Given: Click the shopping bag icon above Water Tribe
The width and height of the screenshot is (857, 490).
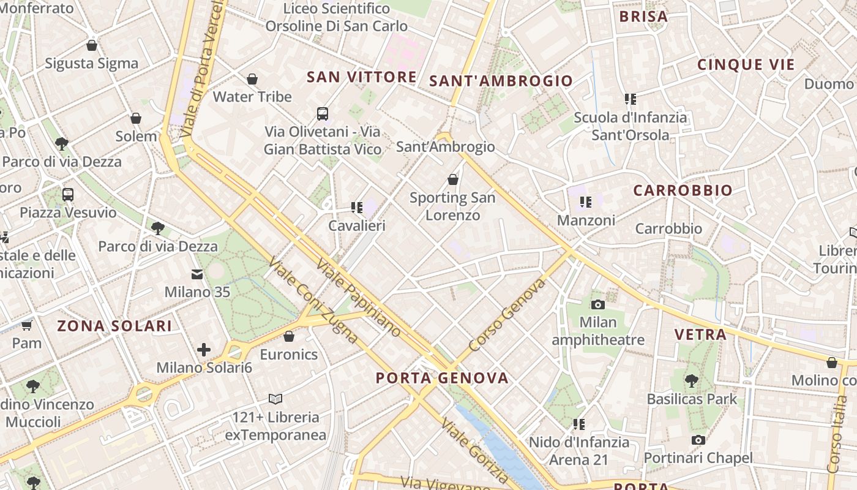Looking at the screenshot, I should pos(252,79).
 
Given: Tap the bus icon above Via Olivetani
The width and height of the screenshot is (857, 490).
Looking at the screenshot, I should pos(323,113).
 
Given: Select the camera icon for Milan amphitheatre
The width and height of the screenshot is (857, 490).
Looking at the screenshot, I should pos(598,304).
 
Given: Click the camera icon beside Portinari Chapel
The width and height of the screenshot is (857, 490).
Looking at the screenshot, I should pos(698,440).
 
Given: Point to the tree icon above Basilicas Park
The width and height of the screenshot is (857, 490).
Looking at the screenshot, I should pos(692,380).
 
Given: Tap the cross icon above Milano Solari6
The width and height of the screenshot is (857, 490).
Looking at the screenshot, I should pos(204,350).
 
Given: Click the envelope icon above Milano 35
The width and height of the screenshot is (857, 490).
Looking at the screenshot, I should pos(197,274).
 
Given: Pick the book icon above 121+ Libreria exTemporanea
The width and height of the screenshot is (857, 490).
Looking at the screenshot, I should pos(275,399).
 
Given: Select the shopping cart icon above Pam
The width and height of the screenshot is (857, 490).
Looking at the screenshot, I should pos(26,325).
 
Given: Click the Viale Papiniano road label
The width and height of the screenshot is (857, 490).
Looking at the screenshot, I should pos(359,298).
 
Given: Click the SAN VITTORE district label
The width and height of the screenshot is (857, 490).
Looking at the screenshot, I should pos(362,77).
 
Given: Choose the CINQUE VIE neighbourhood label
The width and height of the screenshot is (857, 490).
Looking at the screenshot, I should pos(746,65).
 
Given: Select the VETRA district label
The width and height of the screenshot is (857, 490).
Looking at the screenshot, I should pos(700,334).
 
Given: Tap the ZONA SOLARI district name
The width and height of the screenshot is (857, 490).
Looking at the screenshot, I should pos(114,326).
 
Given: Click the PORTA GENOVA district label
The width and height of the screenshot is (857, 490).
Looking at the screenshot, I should pos(442,378).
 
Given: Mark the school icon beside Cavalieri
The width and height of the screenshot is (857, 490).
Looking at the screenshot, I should pos(357,208).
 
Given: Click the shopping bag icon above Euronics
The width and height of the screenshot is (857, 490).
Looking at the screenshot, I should pos(289,336).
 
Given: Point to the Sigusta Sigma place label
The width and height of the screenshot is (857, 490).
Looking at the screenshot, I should pos(92,63).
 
